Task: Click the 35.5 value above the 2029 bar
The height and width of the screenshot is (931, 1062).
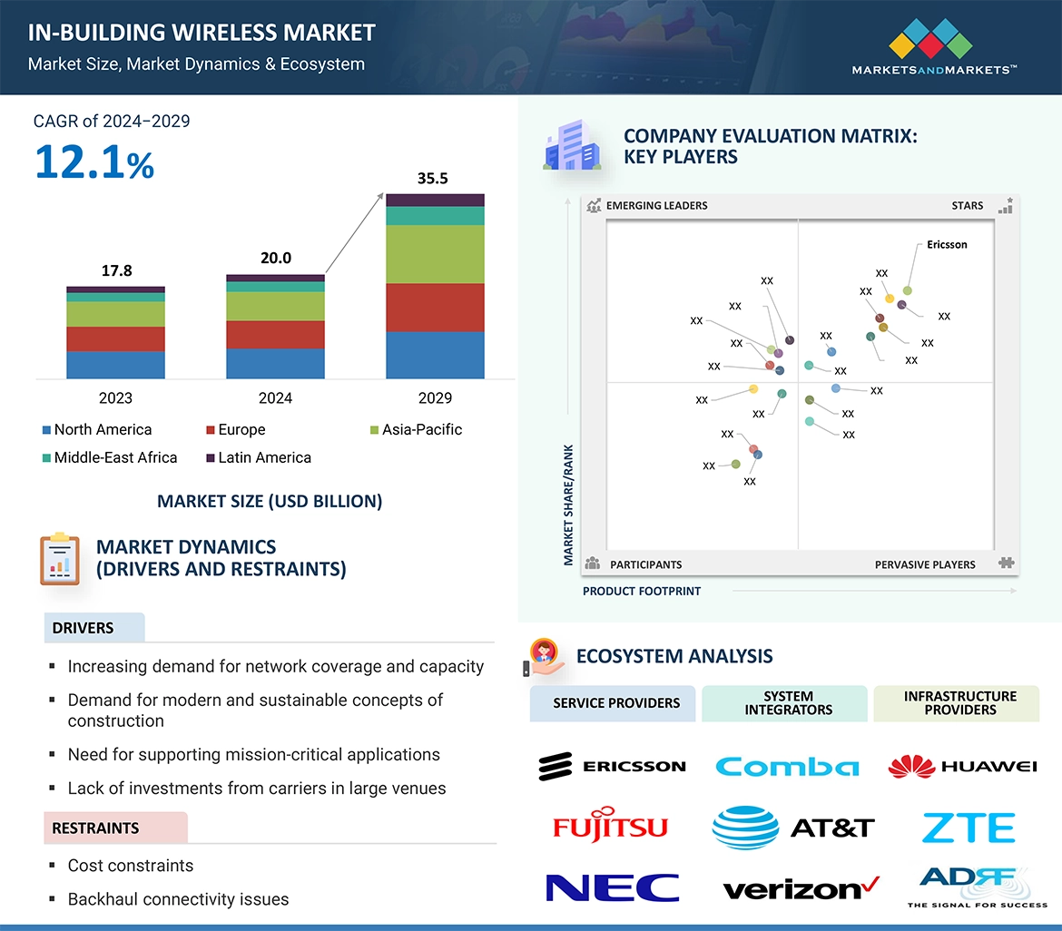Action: [x=432, y=179]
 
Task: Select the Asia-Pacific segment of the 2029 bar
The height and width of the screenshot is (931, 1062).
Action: [x=435, y=254]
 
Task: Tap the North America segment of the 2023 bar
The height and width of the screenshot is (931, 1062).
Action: [x=115, y=364]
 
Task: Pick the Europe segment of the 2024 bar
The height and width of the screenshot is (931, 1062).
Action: [x=275, y=334]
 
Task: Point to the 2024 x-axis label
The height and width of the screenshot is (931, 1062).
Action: [x=275, y=397]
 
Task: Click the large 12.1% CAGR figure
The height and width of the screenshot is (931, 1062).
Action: [x=94, y=162]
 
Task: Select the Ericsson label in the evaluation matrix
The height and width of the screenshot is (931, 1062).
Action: [x=947, y=244]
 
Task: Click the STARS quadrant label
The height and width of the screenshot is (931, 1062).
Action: [x=968, y=205]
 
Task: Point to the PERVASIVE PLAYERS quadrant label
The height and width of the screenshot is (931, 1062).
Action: [x=925, y=564]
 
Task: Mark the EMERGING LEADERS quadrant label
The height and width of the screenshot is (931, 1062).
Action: [x=656, y=205]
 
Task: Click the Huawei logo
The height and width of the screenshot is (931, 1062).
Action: [x=962, y=767]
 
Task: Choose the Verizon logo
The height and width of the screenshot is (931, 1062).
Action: [x=801, y=888]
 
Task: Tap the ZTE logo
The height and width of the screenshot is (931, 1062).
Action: [x=968, y=828]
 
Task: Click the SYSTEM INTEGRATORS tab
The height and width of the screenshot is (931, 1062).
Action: [x=788, y=703]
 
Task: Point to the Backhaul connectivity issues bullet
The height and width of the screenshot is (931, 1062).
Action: [x=178, y=899]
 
